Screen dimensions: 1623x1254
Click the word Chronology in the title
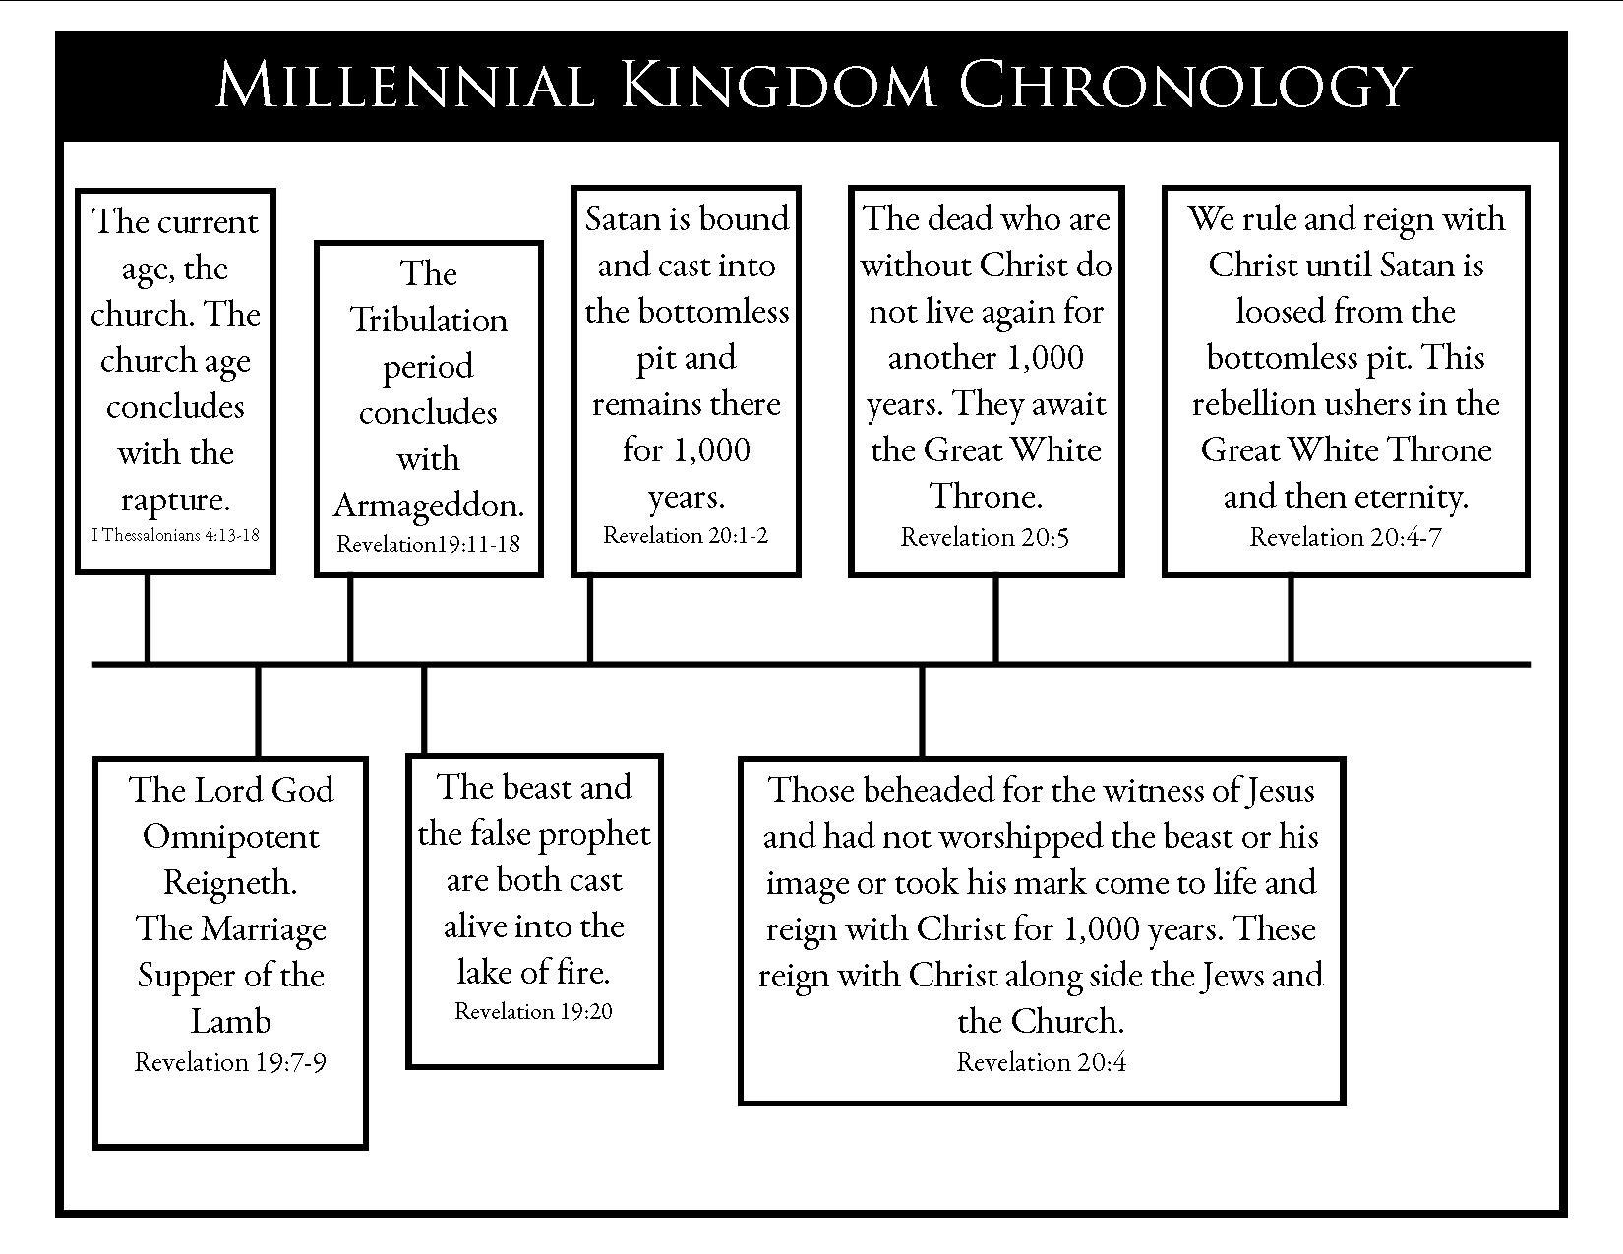pyautogui.click(x=1184, y=85)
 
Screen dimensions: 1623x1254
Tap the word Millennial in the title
pyautogui.click(x=404, y=85)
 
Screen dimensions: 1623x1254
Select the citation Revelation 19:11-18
pyautogui.click(x=428, y=544)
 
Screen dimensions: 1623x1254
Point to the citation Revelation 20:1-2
pyautogui.click(x=686, y=535)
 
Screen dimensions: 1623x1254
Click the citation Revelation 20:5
pyautogui.click(x=985, y=537)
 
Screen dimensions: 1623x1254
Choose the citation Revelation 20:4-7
pyautogui.click(x=1345, y=537)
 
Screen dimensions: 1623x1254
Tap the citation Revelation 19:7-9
pyautogui.click(x=230, y=1062)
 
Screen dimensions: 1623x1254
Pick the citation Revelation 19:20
pyautogui.click(x=533, y=1011)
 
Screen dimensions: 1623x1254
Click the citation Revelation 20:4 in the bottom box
pyautogui.click(x=1041, y=1062)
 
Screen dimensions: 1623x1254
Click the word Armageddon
pyautogui.click(x=428, y=505)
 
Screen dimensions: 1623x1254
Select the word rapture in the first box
pyautogui.click(x=175, y=500)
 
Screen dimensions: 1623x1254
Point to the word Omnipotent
pyautogui.click(x=230, y=837)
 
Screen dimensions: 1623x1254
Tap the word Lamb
pyautogui.click(x=230, y=1022)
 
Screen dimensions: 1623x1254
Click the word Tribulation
pyautogui.click(x=428, y=321)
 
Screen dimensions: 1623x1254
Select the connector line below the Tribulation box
pyautogui.click(x=350, y=620)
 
